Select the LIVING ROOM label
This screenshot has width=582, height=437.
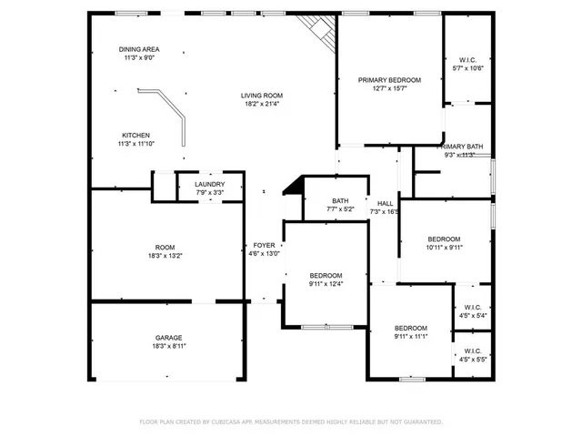point(261,96)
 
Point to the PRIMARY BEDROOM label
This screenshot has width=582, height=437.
point(388,80)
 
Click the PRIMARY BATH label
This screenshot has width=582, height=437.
point(462,147)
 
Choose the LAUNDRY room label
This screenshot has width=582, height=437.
point(209,184)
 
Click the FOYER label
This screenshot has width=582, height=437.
point(264,245)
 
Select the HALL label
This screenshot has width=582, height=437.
point(386,203)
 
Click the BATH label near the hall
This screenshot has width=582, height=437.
point(340,201)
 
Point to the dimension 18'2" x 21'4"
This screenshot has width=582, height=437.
point(261,105)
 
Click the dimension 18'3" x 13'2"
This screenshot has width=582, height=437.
point(165,256)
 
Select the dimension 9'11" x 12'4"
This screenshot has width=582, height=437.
point(326,284)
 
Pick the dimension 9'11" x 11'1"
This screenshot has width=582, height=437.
point(410,337)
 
